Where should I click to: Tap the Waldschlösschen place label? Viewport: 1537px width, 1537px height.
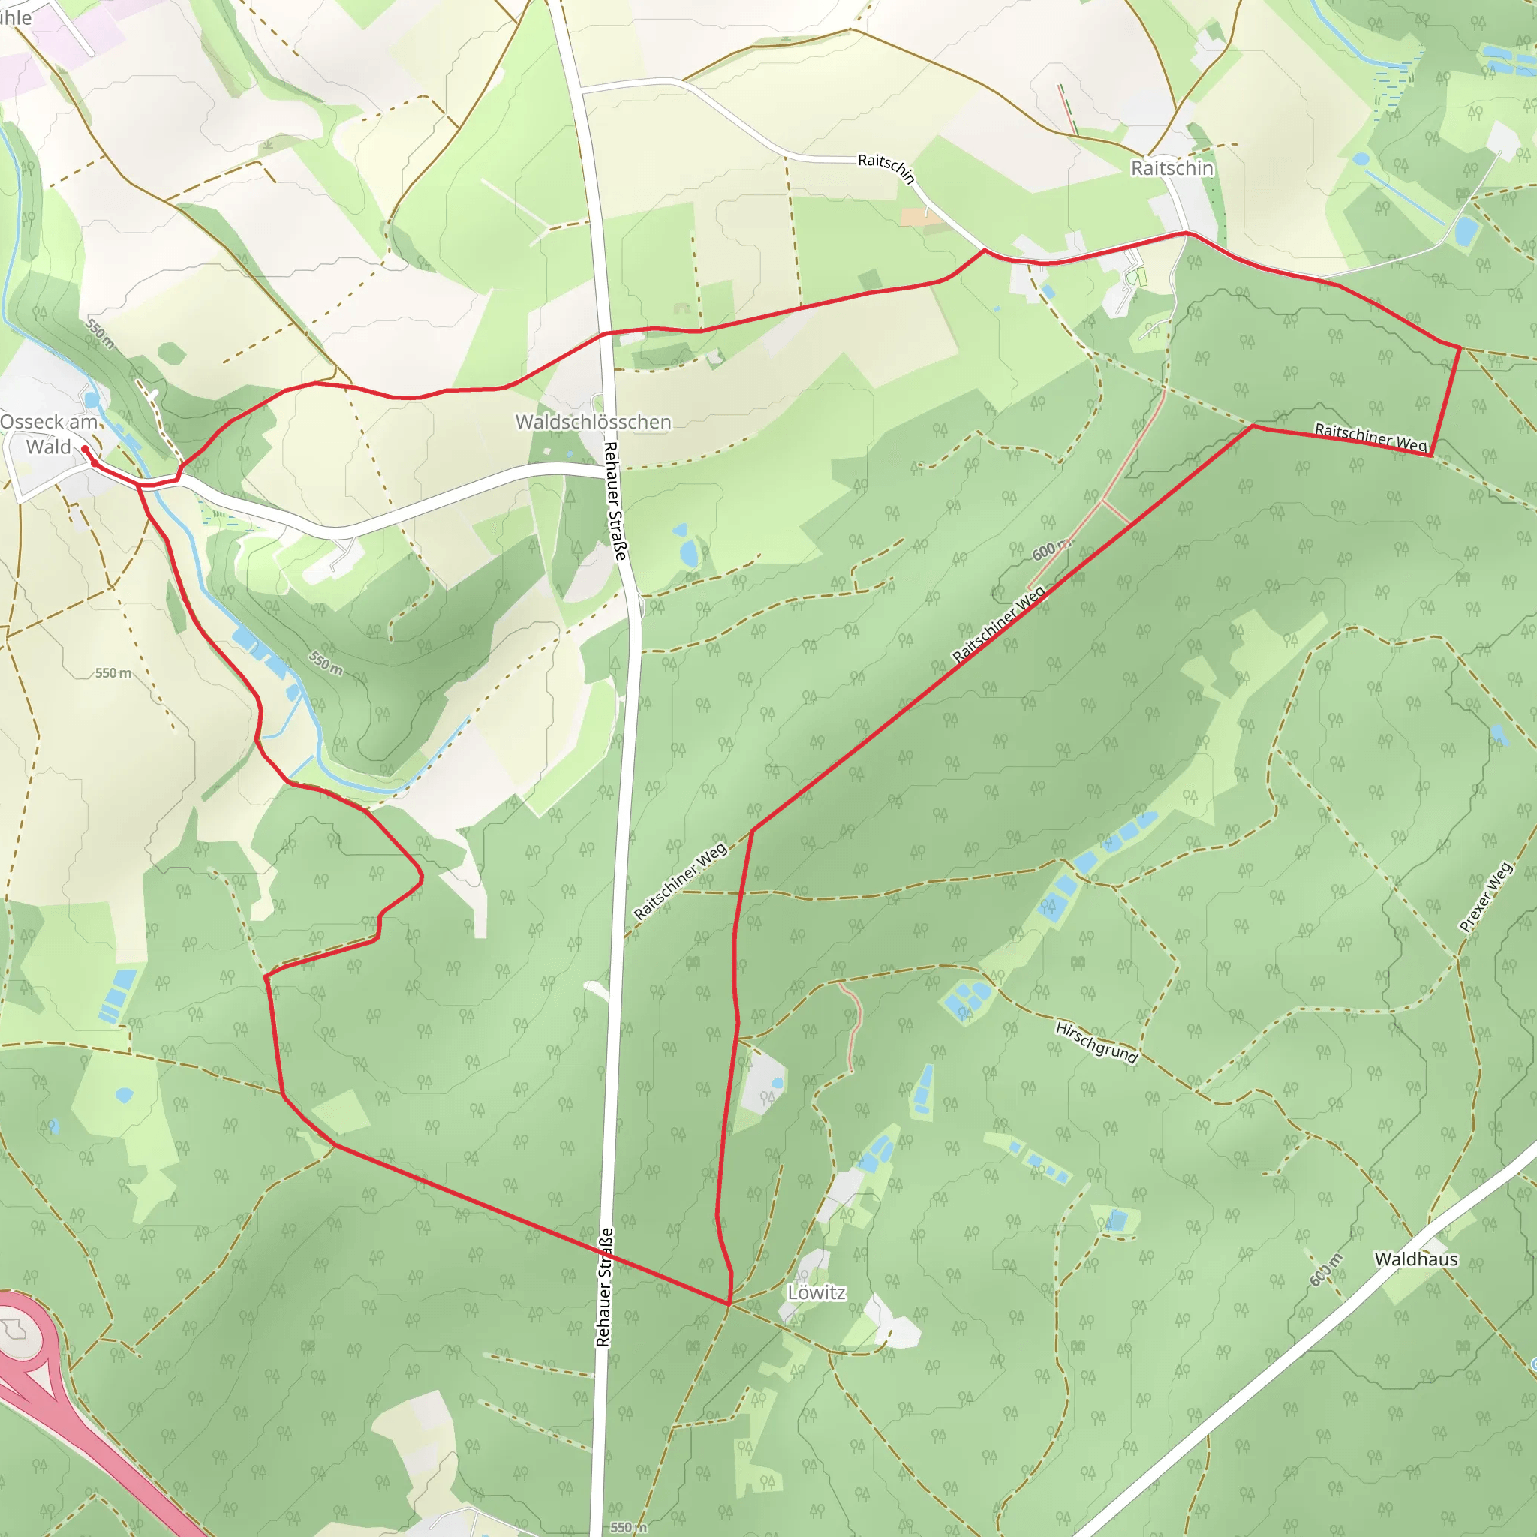click(x=593, y=422)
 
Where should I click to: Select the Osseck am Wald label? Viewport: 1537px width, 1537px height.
click(x=49, y=435)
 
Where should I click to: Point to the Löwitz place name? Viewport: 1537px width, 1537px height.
click(x=817, y=1293)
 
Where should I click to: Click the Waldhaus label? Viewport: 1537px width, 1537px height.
click(x=1416, y=1259)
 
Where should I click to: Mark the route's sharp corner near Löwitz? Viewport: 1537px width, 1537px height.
click(x=728, y=1303)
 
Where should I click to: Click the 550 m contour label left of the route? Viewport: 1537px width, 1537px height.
click(x=113, y=673)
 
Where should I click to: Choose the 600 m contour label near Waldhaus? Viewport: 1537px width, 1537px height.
click(x=1326, y=1270)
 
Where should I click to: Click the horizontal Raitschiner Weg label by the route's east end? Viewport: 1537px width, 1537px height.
click(x=1370, y=437)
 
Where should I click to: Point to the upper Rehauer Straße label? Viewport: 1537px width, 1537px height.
click(x=615, y=501)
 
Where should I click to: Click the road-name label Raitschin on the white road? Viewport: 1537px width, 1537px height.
click(x=886, y=168)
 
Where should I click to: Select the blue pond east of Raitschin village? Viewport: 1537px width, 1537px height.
click(x=1466, y=230)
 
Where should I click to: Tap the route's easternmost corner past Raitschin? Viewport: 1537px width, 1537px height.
click(x=1459, y=347)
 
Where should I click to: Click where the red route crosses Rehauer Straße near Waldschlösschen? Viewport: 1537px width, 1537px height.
click(x=606, y=333)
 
